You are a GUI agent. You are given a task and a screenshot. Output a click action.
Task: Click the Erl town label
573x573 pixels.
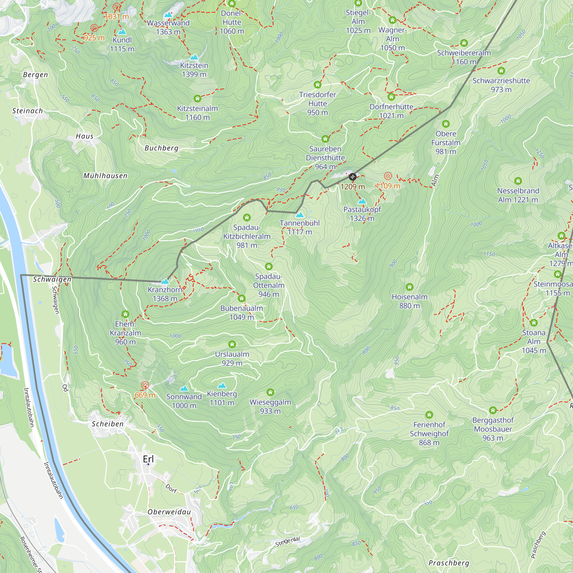click(x=148, y=459)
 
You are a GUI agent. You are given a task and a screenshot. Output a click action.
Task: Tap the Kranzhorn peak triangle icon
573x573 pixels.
click(x=165, y=281)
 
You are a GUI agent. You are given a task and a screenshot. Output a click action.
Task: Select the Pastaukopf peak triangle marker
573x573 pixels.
click(x=362, y=201)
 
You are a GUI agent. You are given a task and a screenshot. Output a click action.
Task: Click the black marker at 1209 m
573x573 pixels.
click(x=352, y=177)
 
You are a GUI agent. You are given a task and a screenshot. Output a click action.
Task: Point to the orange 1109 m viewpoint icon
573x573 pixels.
click(x=388, y=176)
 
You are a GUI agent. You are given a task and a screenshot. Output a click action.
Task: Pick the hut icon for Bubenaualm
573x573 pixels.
click(x=242, y=298)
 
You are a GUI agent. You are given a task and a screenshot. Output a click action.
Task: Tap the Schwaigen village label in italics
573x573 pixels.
click(x=52, y=279)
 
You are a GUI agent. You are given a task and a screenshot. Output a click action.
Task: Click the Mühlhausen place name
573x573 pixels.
click(x=105, y=176)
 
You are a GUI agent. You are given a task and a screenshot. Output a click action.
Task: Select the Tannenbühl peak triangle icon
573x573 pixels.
click(x=300, y=214)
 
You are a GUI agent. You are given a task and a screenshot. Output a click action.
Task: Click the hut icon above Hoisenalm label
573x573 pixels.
click(x=410, y=287)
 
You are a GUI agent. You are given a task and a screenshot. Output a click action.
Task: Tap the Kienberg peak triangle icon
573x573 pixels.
click(x=222, y=385)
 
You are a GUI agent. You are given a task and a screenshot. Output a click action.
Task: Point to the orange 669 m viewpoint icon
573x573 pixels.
click(x=145, y=385)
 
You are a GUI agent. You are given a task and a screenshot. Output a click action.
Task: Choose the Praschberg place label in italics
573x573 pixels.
click(x=449, y=563)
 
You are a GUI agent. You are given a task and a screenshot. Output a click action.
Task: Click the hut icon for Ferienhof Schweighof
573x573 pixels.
click(x=429, y=415)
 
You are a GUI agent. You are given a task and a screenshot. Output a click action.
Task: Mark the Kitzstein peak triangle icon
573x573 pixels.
click(x=194, y=57)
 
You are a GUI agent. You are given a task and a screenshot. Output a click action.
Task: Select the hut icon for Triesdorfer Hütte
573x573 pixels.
click(x=318, y=85)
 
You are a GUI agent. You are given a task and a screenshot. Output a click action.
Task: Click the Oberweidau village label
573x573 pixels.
click(x=169, y=512)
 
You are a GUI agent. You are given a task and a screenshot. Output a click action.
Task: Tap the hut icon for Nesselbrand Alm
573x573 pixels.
click(x=518, y=181)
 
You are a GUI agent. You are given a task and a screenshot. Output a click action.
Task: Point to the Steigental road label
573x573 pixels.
click(x=288, y=541)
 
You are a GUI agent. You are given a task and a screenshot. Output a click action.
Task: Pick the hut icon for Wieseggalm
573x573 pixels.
click(x=270, y=393)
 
